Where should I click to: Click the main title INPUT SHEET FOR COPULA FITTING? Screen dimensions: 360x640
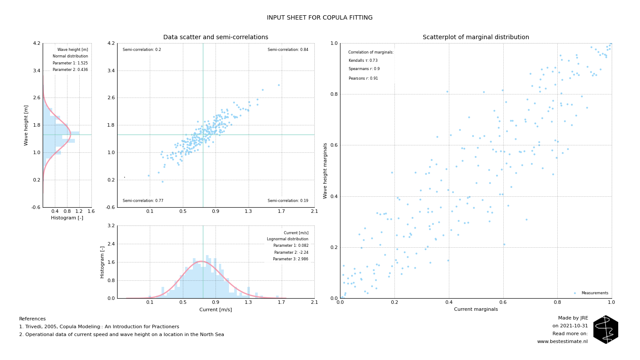tap(320, 18)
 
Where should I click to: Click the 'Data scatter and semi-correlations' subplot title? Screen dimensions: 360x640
tap(216, 37)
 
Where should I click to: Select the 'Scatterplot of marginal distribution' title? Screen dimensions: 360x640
tap(476, 37)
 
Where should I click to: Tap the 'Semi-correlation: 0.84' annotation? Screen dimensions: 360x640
tap(288, 50)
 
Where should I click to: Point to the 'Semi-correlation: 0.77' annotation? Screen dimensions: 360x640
tap(143, 201)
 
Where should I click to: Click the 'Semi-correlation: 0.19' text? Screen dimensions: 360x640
tap(288, 201)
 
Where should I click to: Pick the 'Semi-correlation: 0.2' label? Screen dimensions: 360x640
tap(142, 50)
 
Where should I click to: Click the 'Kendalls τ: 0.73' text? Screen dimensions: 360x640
tap(363, 61)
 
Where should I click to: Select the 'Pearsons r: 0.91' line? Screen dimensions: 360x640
tap(363, 78)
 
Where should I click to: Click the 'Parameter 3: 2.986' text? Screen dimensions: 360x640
tap(290, 259)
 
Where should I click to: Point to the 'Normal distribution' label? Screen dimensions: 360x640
tap(70, 56)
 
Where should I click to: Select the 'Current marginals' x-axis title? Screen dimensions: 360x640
tap(476, 310)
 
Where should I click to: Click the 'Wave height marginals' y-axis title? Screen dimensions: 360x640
tap(325, 171)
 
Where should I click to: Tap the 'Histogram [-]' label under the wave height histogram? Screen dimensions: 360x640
tap(67, 218)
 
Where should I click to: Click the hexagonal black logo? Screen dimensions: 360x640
tap(606, 330)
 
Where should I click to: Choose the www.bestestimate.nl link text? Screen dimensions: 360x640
tap(562, 342)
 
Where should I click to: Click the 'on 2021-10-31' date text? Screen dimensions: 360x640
tap(570, 326)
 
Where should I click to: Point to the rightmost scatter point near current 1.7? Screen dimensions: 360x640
tap(279, 85)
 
